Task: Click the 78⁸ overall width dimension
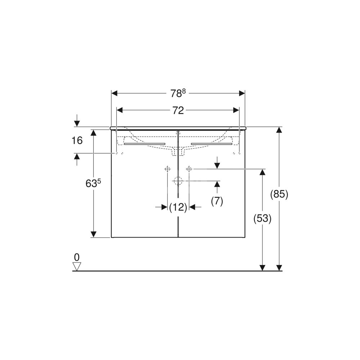click(178, 93)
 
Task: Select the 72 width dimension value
click(178, 111)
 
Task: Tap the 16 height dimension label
click(77, 140)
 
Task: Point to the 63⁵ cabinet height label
click(93, 183)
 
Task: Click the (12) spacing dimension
click(178, 207)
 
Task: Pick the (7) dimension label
click(217, 201)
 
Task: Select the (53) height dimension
click(262, 219)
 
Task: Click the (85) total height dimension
click(279, 194)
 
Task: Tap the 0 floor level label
click(77, 257)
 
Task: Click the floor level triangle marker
click(77, 266)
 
